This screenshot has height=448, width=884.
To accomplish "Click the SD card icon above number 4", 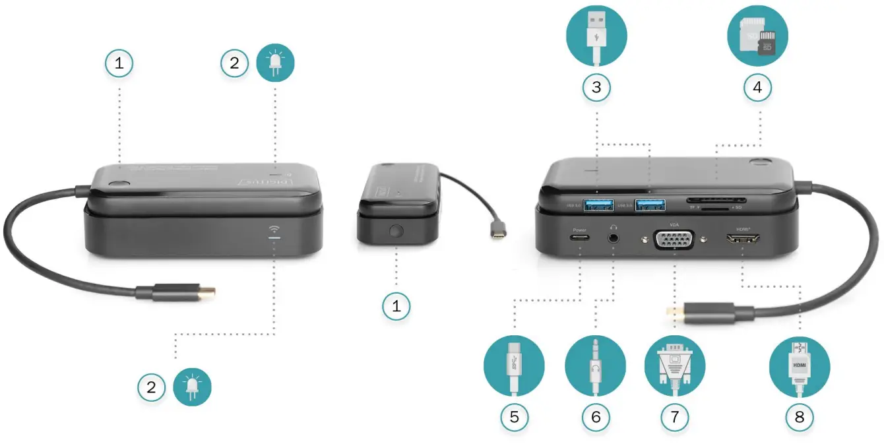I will [x=757, y=36].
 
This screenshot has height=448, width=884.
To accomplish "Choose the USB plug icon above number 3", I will [x=596, y=36].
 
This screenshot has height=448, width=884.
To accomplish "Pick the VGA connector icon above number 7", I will [x=674, y=366].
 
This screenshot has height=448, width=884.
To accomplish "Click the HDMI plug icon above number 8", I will [x=800, y=366].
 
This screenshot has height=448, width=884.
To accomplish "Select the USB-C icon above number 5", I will [x=514, y=366].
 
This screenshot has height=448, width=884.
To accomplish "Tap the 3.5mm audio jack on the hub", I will [x=615, y=237].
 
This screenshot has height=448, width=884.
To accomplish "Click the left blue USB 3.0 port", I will [x=596, y=206].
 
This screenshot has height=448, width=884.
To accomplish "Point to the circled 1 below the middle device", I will [x=396, y=305].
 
